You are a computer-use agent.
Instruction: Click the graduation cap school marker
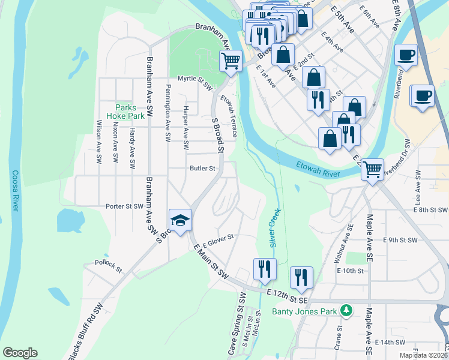pyautogui.click(x=180, y=221)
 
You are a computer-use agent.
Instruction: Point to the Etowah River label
pyautogui.click(x=318, y=170)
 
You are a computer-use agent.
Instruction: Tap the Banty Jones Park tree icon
pyautogui.click(x=346, y=311)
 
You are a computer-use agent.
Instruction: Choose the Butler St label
pyautogui.click(x=202, y=169)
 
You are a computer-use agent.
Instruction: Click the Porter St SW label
pyautogui.click(x=124, y=206)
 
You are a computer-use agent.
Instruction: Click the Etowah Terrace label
pyautogui.click(x=228, y=115)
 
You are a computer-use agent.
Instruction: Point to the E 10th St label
pyautogui.click(x=351, y=271)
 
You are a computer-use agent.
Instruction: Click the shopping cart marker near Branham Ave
pyautogui.click(x=231, y=61)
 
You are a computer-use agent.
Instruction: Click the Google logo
pyautogui.click(x=20, y=353)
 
